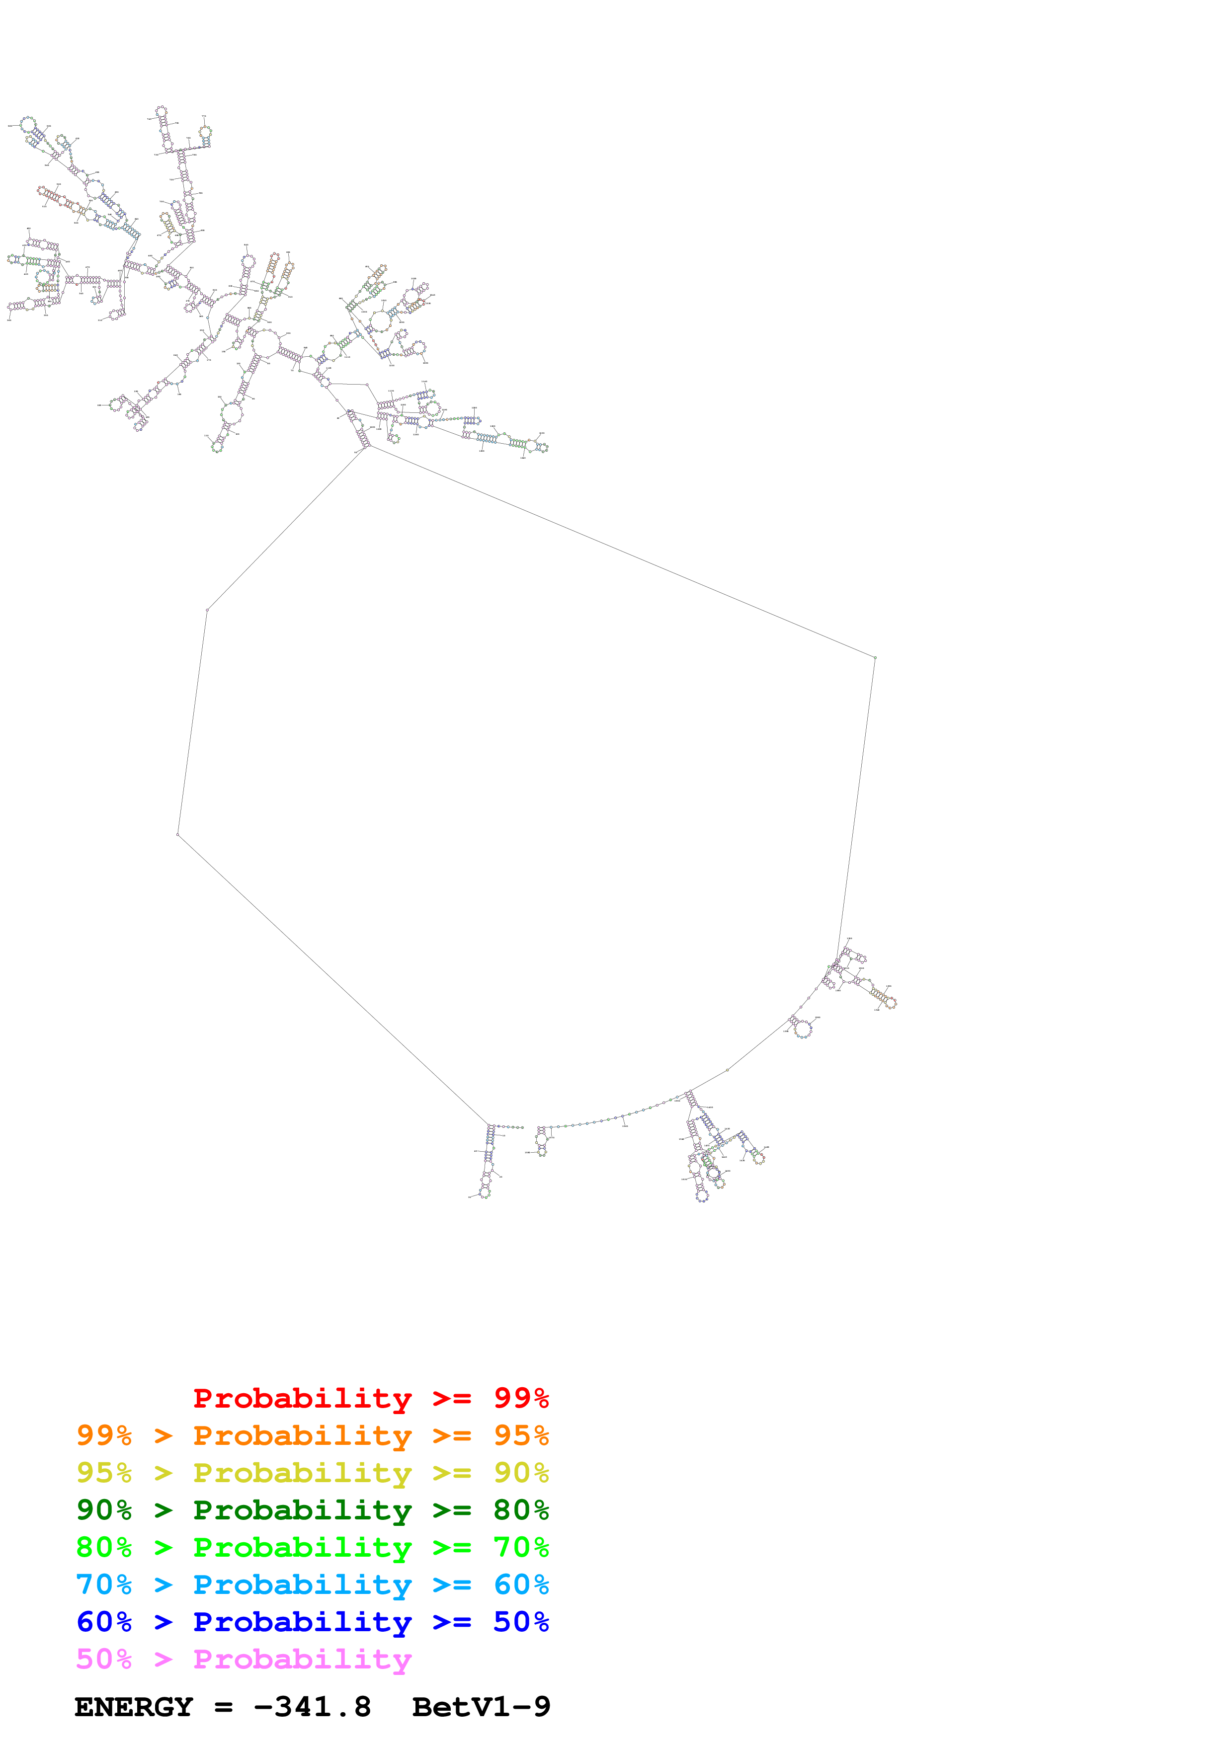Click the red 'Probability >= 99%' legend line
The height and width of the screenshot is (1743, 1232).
pos(370,1398)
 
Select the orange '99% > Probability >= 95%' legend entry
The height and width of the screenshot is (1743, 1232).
pos(312,1435)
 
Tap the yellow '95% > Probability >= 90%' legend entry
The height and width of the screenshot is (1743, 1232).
pos(312,1473)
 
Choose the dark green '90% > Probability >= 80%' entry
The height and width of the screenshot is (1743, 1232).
pos(312,1510)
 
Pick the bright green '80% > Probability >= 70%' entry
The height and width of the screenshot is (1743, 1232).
pos(312,1547)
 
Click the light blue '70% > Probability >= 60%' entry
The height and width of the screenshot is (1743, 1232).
pos(312,1585)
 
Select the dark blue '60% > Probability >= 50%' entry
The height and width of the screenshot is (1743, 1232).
pos(312,1622)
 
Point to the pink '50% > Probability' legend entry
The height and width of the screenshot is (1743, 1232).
pos(244,1659)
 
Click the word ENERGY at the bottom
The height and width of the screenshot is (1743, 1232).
pos(134,1707)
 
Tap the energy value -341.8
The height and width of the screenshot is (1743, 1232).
pos(312,1707)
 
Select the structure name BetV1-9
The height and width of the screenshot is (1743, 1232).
pos(481,1707)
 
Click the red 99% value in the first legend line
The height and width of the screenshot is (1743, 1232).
pos(521,1398)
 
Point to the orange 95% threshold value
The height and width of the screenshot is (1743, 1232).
pos(521,1435)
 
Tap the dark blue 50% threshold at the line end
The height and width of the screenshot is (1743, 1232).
pos(521,1622)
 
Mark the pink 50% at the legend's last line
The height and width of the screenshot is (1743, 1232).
pos(104,1659)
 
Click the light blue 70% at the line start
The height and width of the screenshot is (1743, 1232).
pos(104,1585)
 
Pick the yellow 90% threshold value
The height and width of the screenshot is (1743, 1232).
pos(521,1473)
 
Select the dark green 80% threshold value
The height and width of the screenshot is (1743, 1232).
pos(521,1510)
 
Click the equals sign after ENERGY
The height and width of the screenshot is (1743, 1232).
pos(223,1707)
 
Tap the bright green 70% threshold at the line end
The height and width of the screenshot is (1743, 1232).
pos(521,1547)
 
